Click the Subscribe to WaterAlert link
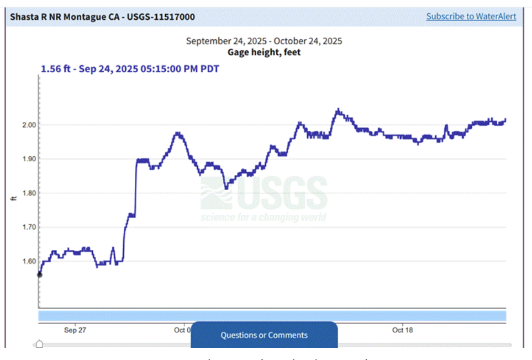471,17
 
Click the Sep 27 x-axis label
75,330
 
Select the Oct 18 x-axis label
402,330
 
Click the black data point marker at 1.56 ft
39,274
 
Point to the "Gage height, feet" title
264,52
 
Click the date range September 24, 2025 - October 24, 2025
264,41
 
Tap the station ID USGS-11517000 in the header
161,17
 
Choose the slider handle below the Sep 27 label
39,345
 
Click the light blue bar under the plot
272,316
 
